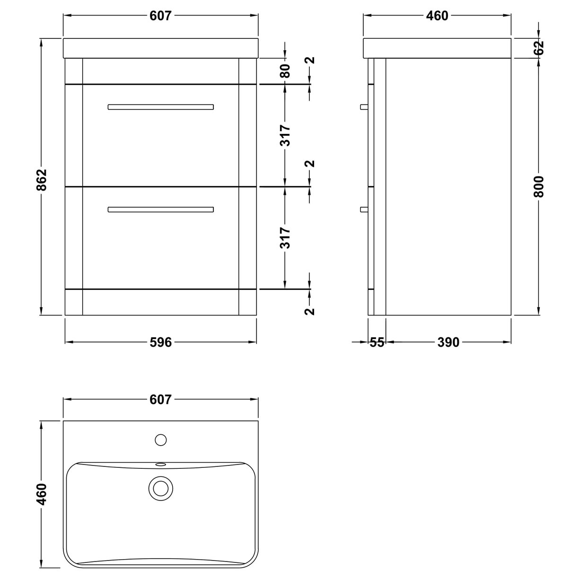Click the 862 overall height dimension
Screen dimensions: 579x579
pos(42,180)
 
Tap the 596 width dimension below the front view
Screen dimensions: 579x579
pos(160,342)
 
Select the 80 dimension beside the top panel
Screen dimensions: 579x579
pos(285,71)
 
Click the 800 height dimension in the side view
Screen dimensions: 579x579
pos(539,186)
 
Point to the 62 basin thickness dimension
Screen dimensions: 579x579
pos(539,47)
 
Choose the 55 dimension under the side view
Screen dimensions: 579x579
pos(377,342)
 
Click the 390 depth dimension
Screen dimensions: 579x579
pos(448,342)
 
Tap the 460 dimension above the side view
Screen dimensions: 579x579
pos(437,16)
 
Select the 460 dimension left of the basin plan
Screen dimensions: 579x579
pos(42,494)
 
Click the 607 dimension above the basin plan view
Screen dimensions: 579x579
pos(160,400)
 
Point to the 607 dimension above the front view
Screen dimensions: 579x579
pos(160,16)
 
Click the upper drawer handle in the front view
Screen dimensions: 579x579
pos(160,107)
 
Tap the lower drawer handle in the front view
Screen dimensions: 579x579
pos(160,209)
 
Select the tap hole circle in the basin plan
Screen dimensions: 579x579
pos(161,440)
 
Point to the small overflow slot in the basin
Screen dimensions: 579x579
pos(161,465)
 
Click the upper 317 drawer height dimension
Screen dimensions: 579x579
pos(285,135)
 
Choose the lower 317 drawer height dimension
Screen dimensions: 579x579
pos(285,237)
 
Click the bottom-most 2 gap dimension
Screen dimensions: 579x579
pos(310,311)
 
